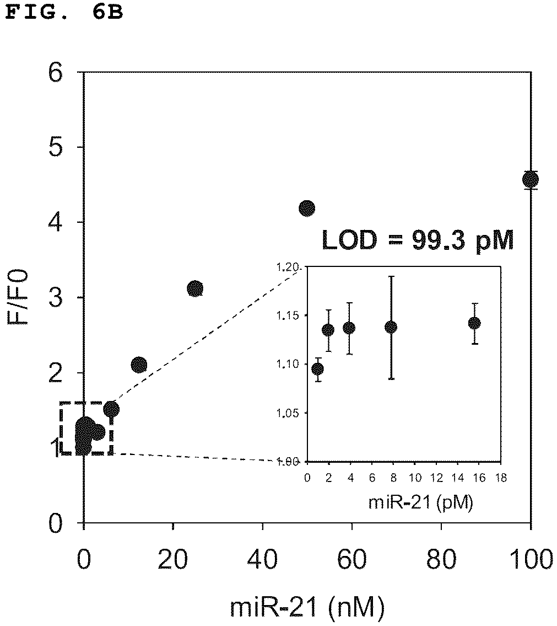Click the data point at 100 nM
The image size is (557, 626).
(531, 180)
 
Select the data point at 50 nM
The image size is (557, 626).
(307, 208)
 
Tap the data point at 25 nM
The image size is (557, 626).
(195, 288)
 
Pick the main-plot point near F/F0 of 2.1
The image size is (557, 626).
(139, 364)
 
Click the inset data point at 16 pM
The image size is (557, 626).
(474, 323)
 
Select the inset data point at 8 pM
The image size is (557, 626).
(391, 328)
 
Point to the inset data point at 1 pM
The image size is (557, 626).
(318, 369)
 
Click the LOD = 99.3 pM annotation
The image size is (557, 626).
(418, 240)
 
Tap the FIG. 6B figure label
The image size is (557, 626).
(64, 12)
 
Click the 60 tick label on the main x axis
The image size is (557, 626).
(352, 559)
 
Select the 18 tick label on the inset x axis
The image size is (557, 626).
(501, 478)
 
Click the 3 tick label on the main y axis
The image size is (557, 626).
(56, 298)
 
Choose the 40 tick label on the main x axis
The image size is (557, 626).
(263, 559)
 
